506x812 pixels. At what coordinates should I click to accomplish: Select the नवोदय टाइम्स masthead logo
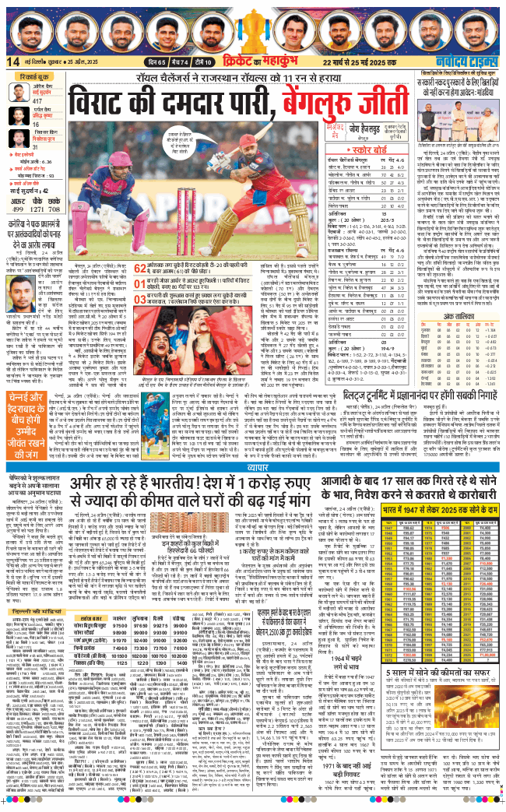pyautogui.click(x=469, y=62)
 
